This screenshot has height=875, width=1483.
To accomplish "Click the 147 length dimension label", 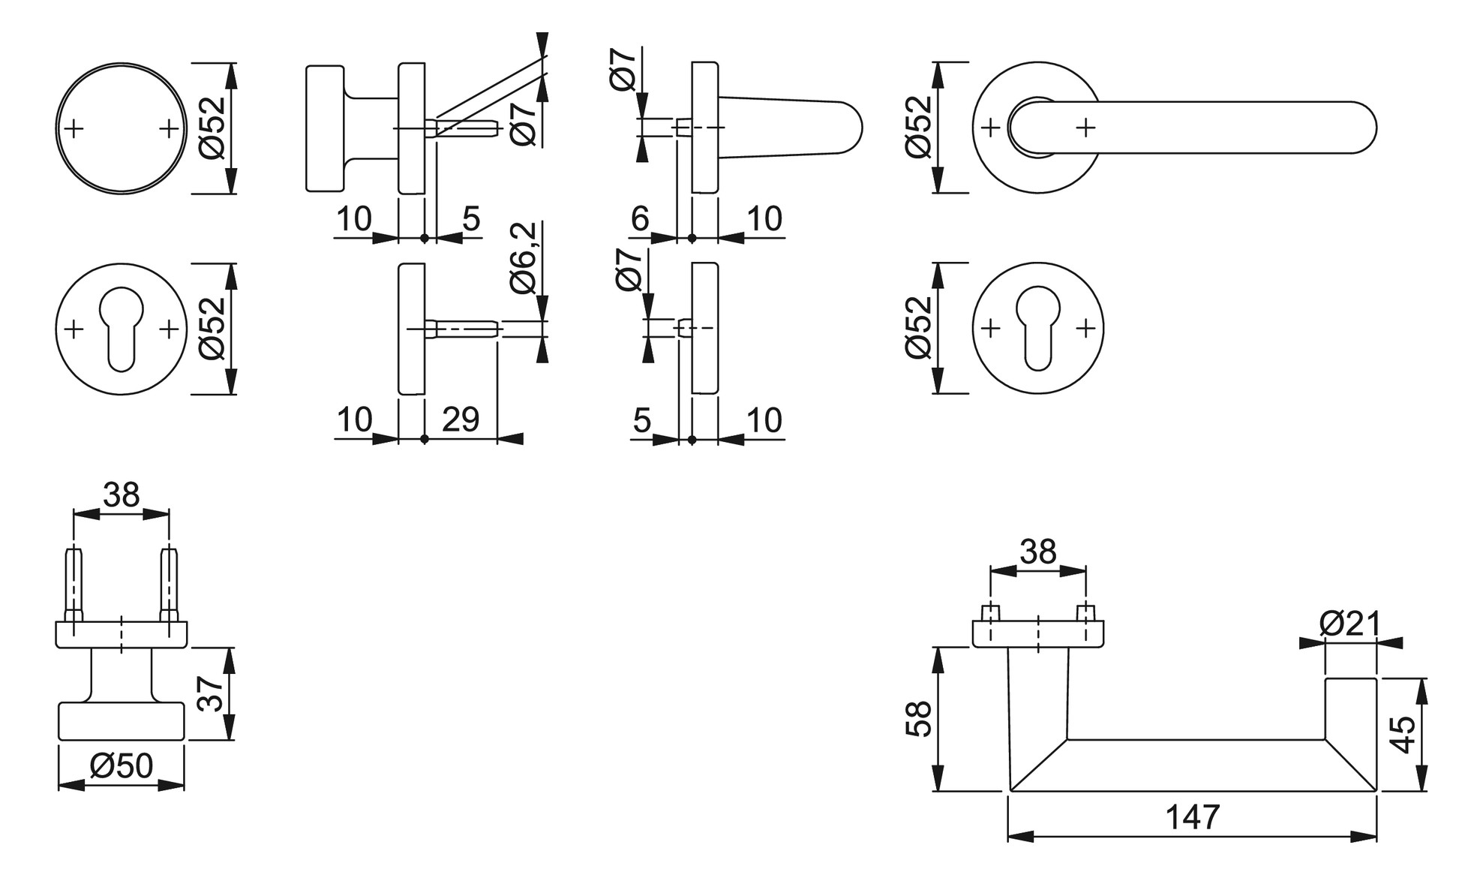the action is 1193,817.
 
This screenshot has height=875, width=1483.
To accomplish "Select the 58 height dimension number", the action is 920,719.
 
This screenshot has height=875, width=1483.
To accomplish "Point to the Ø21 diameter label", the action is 1349,624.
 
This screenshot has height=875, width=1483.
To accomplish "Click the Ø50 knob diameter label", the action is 122,766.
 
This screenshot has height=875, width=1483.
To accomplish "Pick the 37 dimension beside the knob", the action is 210,693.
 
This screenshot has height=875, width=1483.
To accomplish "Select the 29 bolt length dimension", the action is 461,419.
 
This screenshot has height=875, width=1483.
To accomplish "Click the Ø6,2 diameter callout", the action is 524,257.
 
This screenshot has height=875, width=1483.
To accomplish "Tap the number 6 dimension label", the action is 640,219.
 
